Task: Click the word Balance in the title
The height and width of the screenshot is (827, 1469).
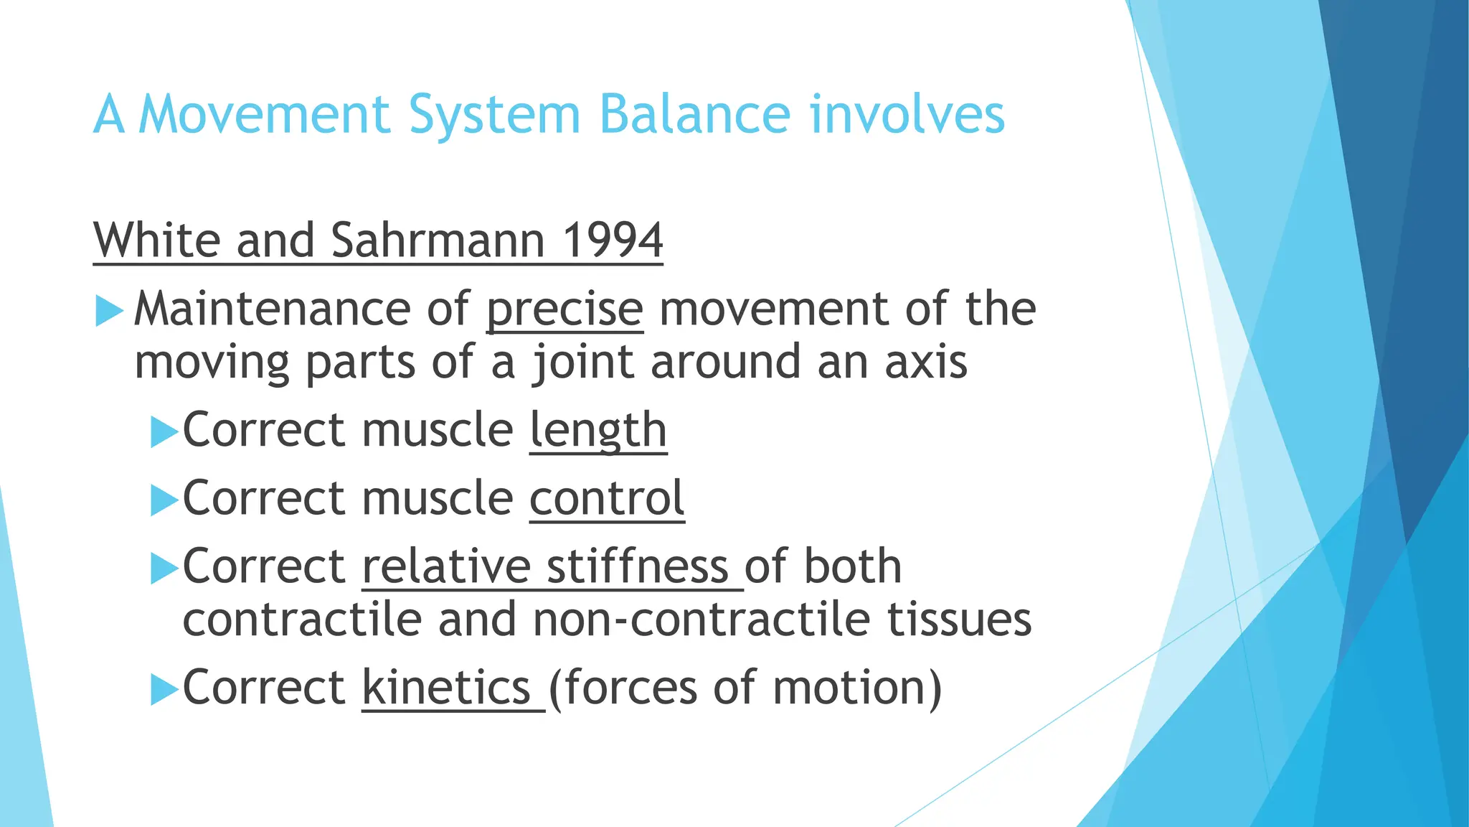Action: pyautogui.click(x=694, y=114)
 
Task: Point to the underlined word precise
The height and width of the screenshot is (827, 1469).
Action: pyautogui.click(x=565, y=309)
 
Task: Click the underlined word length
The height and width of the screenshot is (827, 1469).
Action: pyautogui.click(x=598, y=430)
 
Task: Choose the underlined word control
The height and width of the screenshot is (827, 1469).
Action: pyautogui.click(x=607, y=498)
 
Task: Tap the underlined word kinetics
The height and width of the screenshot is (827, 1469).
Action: pyautogui.click(x=446, y=687)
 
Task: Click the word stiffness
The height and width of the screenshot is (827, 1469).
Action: pyautogui.click(x=638, y=566)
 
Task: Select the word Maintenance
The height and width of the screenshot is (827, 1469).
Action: pyautogui.click(x=272, y=309)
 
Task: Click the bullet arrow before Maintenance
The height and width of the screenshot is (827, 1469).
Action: pyautogui.click(x=109, y=312)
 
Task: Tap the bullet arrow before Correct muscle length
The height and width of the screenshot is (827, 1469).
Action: pyautogui.click(x=164, y=433)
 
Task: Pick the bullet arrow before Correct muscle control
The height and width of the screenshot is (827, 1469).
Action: pyautogui.click(x=164, y=500)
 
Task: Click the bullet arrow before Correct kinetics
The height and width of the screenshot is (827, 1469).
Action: pyautogui.click(x=164, y=690)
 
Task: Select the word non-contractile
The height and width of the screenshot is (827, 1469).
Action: pyautogui.click(x=701, y=620)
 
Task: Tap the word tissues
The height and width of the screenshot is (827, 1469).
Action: pyautogui.click(x=959, y=620)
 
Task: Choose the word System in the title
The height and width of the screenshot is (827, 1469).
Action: pyautogui.click(x=494, y=114)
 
